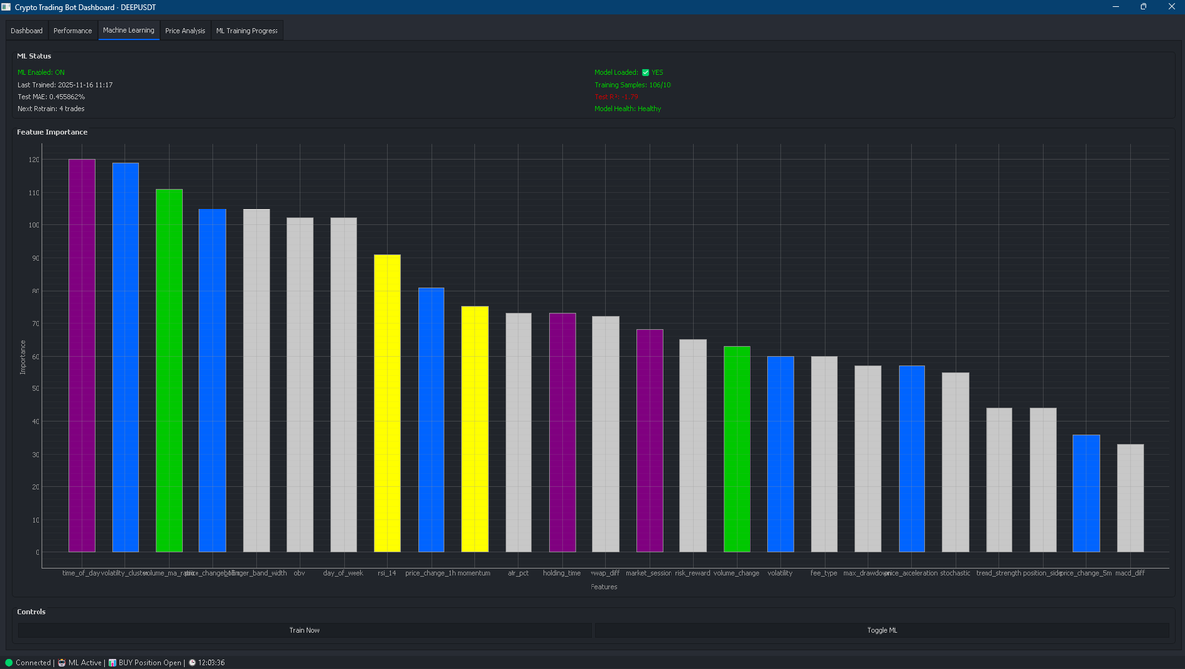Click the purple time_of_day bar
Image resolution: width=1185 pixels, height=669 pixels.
[x=82, y=356]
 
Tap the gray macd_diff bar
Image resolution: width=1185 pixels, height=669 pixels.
[x=1130, y=498]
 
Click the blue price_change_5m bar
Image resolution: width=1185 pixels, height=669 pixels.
[x=1086, y=493]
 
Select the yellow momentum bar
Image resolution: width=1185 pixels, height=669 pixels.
[x=475, y=429]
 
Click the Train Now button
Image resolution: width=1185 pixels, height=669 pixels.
[x=304, y=630]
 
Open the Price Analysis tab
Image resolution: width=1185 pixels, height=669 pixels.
[x=186, y=31]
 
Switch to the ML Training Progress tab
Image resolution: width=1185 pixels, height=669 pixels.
[x=247, y=31]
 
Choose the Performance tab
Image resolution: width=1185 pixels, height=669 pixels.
[x=72, y=31]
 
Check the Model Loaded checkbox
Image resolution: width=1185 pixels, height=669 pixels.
[x=645, y=72]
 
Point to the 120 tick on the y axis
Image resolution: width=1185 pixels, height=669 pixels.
[x=34, y=160]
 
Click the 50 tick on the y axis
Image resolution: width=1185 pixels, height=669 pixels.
[x=36, y=388]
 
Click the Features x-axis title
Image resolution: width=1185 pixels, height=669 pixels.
[x=603, y=587]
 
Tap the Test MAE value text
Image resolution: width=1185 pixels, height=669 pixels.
[x=51, y=97]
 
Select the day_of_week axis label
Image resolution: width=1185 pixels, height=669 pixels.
[x=344, y=573]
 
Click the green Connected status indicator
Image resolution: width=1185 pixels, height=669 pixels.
[x=9, y=663]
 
